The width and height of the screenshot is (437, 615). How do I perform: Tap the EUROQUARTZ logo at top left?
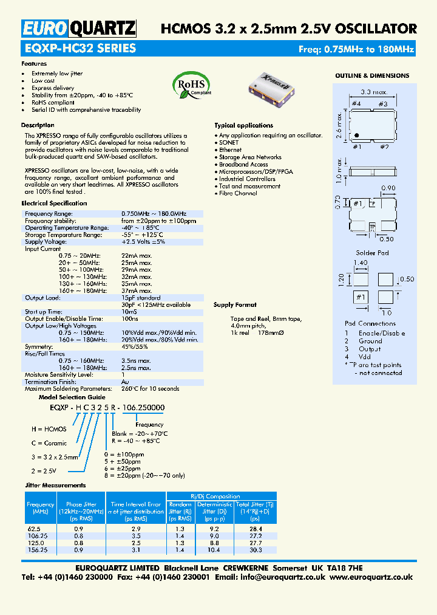pos(79,28)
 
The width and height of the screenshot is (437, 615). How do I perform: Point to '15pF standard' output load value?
pos(141,298)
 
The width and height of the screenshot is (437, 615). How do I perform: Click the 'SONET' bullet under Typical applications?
pos(229,143)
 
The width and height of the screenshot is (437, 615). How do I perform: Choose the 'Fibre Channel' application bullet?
pos(238,193)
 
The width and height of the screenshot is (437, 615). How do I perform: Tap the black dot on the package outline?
pos(357,135)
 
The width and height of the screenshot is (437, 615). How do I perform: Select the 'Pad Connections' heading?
pos(370,323)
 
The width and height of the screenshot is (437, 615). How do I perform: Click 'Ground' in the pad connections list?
pos(370,341)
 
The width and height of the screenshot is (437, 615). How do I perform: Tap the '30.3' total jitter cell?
pos(255,549)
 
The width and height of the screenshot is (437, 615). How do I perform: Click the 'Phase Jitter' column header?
pos(81,504)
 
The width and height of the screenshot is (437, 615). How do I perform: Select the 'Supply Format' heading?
pos(235,305)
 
